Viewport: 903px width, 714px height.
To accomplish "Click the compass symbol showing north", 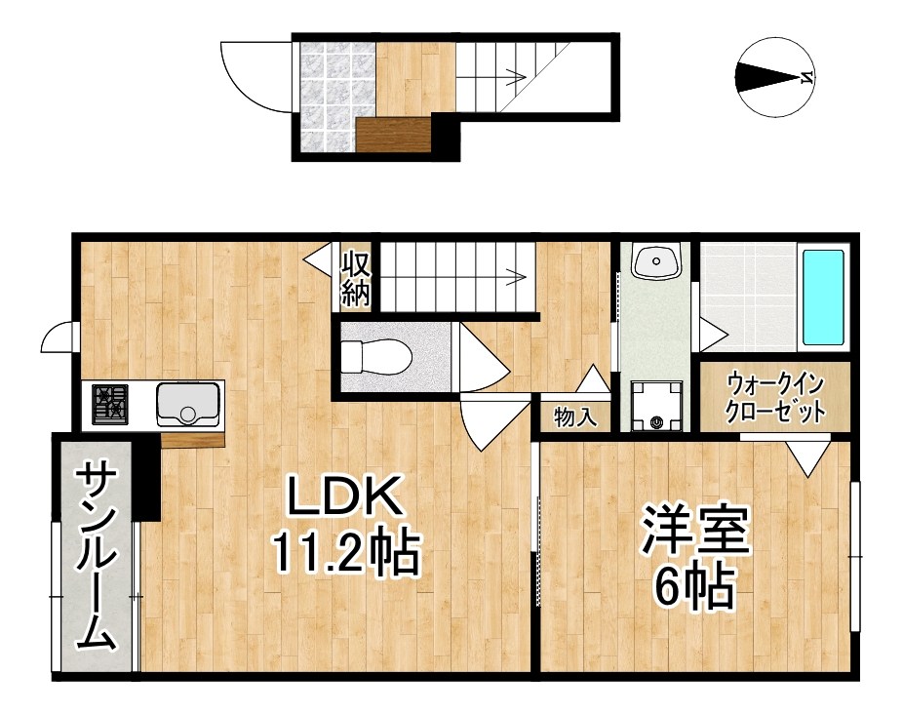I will [x=775, y=77].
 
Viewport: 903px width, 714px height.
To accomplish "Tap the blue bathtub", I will [x=822, y=297].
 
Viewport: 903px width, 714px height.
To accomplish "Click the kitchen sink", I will [x=188, y=403].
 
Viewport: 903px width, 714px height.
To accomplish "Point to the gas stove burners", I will [x=110, y=403].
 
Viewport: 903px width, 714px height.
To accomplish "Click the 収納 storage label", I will [x=355, y=278].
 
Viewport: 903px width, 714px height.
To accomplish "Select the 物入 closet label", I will [x=574, y=418].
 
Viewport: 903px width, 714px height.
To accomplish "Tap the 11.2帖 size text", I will [x=344, y=553].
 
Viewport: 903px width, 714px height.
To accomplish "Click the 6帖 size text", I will [x=694, y=586].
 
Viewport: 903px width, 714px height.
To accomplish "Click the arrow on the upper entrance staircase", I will [x=514, y=73].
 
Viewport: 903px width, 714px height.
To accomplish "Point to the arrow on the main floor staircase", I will [x=514, y=276].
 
